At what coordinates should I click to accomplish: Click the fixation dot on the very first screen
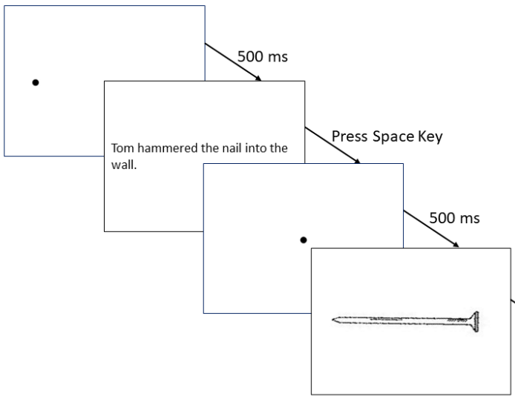tap(35, 82)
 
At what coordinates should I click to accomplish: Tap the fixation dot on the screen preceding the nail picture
tap(303, 239)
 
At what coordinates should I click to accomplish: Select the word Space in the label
tap(394, 137)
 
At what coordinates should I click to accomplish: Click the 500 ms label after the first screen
tap(262, 57)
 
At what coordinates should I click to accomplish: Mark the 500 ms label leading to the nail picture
tap(455, 218)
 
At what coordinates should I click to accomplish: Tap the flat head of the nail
tap(477, 320)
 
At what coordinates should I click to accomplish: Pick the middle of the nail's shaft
tap(404, 320)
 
